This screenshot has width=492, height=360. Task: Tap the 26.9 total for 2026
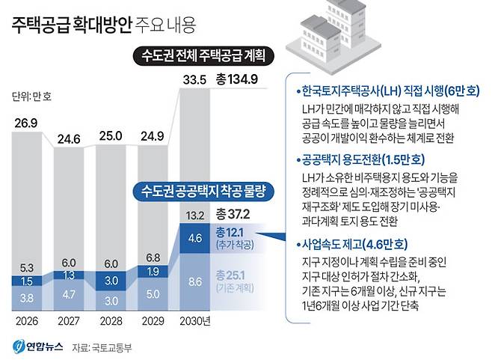pyautogui.click(x=27, y=121)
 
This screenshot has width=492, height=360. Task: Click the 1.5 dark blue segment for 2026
pyautogui.click(x=27, y=281)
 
